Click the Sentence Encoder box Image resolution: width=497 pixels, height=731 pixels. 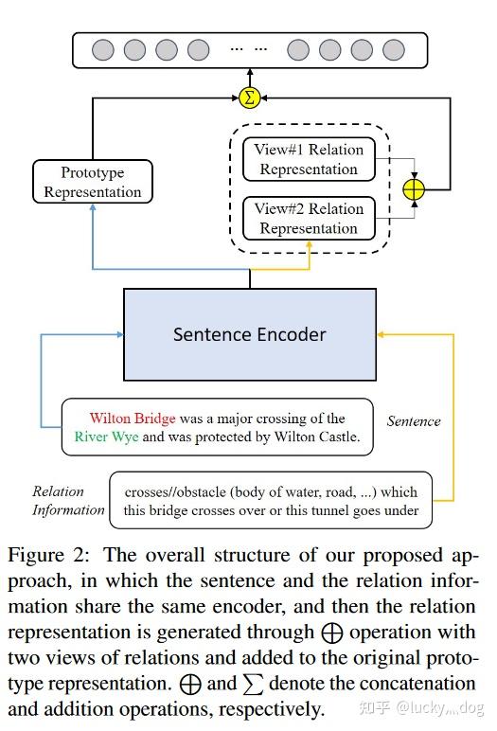tap(250, 334)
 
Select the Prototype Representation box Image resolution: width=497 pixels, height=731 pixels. tap(93, 182)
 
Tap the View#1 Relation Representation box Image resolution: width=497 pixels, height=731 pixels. tap(309, 159)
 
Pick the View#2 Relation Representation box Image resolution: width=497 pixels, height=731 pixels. tap(309, 218)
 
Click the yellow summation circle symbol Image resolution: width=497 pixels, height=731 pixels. tap(250, 97)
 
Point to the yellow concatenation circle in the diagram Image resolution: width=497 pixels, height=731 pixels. tap(414, 189)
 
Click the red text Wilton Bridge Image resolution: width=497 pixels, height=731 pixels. tap(132, 418)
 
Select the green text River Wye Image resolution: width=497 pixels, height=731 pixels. tap(105, 437)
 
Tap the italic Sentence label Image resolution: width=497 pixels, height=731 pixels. tap(414, 420)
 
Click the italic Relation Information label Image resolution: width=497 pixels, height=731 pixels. tap(67, 501)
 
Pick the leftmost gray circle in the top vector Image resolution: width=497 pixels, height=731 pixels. tap(103, 49)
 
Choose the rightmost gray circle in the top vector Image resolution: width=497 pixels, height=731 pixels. tap(395, 49)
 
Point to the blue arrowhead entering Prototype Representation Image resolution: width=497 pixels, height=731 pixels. tap(93, 208)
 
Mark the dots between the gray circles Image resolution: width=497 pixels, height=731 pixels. tap(248, 49)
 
